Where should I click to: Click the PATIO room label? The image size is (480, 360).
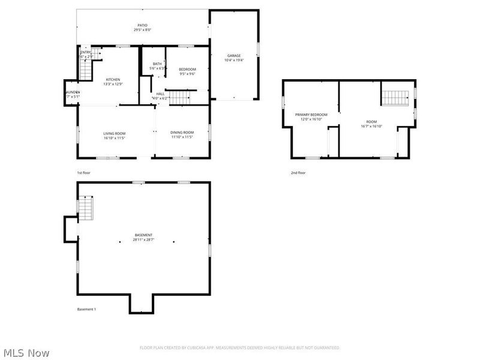142,25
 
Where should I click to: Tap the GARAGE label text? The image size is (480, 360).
233,56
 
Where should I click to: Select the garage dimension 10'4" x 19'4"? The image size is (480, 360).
233,60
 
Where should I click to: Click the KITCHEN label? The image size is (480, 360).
113,80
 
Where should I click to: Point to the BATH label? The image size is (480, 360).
157,64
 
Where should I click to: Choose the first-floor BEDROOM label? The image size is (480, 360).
187,70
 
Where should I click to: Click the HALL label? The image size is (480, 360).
160,94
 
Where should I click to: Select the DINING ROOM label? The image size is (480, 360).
182,133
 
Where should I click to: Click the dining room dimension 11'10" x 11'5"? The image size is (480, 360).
182,137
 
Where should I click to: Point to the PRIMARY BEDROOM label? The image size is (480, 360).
311,115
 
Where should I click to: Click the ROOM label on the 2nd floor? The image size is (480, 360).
371,122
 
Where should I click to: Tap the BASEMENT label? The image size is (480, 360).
143,235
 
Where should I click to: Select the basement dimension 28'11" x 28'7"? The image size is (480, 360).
143,240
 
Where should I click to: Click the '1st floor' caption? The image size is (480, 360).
83,173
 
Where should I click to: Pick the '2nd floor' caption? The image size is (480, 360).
298,173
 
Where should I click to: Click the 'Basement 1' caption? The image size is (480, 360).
86,309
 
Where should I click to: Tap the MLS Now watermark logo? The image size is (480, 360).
26,353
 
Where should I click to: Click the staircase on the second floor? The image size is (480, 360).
395,97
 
